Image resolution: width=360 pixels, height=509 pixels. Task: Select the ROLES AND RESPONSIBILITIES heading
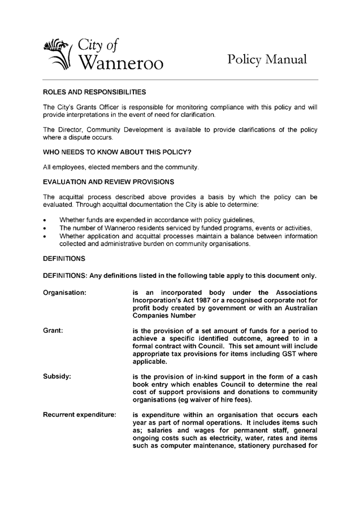[94, 91]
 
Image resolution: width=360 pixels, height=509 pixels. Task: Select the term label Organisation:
[65, 293]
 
